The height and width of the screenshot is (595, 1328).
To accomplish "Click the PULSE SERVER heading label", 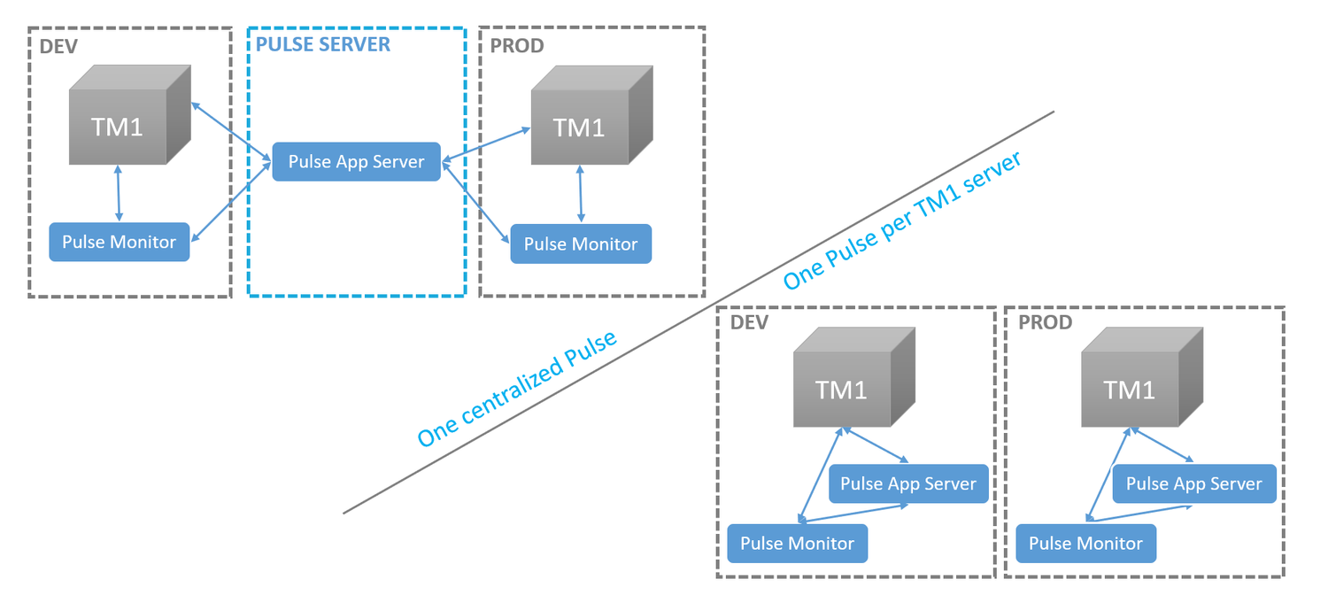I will pyautogui.click(x=323, y=44).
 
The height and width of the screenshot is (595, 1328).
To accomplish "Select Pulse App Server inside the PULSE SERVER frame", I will pyautogui.click(x=356, y=161).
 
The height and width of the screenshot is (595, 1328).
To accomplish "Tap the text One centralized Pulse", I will pyautogui.click(x=517, y=390).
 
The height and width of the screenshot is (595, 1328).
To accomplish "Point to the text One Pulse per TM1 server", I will pyautogui.click(x=903, y=220).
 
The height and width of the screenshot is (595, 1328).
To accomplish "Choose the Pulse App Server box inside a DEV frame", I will pyautogui.click(x=907, y=484).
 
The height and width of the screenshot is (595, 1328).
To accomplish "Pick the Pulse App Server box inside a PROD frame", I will pyautogui.click(x=1193, y=484).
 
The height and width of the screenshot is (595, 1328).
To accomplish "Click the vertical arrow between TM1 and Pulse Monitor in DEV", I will pyautogui.click(x=119, y=193).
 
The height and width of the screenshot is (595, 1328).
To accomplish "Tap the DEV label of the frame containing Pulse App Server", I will pyautogui.click(x=749, y=322).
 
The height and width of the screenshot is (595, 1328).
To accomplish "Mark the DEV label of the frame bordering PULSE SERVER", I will pyautogui.click(x=59, y=46).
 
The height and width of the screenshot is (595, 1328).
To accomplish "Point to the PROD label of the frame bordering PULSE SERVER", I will pyautogui.click(x=517, y=46).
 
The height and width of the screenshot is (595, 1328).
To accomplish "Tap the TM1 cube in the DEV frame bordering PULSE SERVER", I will pyautogui.click(x=119, y=124).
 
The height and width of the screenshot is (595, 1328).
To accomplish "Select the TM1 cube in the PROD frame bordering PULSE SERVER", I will pyautogui.click(x=580, y=124).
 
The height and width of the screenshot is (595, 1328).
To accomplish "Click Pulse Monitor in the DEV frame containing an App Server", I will pyautogui.click(x=797, y=544).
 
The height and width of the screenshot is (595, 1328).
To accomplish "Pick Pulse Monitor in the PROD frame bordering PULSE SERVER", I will pyautogui.click(x=580, y=244).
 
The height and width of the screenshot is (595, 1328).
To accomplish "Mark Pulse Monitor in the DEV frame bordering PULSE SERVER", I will pyautogui.click(x=119, y=242).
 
